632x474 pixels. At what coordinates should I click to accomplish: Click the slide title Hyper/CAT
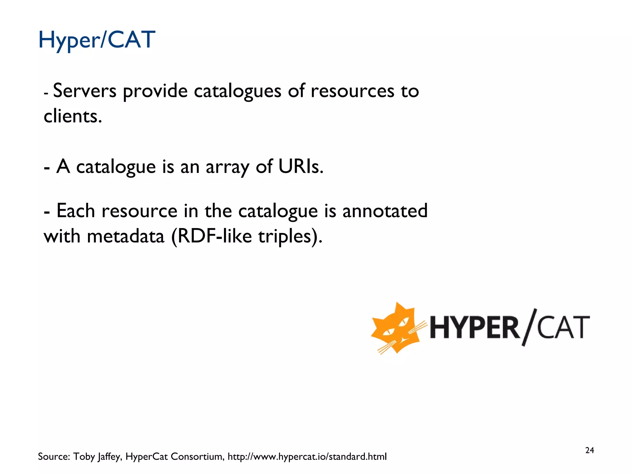(x=97, y=40)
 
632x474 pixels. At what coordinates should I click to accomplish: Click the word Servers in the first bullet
(x=85, y=91)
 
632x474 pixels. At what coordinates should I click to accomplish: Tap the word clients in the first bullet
(x=73, y=116)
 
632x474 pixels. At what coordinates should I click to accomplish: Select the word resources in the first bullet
(x=352, y=91)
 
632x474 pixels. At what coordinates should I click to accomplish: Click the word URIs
(x=301, y=167)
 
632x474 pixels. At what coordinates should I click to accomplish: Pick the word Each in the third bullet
(x=76, y=211)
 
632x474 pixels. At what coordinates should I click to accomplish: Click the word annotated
(x=385, y=211)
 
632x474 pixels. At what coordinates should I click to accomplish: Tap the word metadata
(x=126, y=236)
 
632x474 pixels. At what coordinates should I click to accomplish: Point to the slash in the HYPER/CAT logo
(x=529, y=327)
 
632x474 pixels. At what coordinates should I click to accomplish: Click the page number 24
(x=589, y=451)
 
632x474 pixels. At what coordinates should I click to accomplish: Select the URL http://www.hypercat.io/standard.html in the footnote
(x=307, y=457)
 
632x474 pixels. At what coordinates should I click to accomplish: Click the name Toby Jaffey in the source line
(x=97, y=457)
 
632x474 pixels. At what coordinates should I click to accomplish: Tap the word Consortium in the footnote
(x=197, y=457)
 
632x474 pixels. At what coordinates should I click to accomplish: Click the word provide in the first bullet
(x=156, y=92)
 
